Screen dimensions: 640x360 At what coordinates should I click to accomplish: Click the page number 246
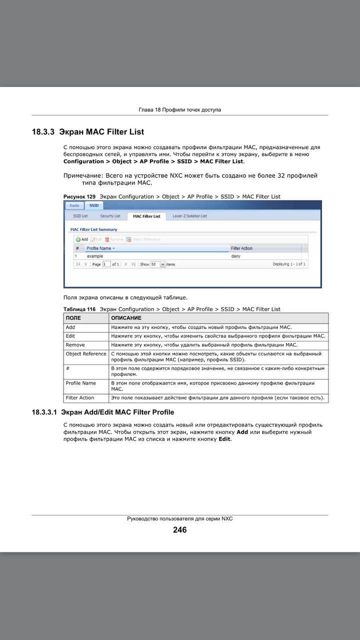(x=179, y=530)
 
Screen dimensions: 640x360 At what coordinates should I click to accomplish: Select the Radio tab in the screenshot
(x=74, y=205)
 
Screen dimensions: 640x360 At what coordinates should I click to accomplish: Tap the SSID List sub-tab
(x=80, y=216)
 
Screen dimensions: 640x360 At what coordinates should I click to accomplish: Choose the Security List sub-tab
(x=110, y=216)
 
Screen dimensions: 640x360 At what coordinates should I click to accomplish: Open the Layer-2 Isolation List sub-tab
(x=189, y=216)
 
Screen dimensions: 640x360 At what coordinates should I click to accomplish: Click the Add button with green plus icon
(x=82, y=239)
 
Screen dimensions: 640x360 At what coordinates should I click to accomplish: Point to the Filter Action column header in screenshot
(x=241, y=248)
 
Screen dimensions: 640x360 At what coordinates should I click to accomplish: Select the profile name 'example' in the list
(x=94, y=256)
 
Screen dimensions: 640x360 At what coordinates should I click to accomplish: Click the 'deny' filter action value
(x=235, y=256)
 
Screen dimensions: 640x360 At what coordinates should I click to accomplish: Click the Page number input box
(x=106, y=264)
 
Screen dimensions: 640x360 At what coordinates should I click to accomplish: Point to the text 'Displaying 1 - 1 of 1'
(x=289, y=264)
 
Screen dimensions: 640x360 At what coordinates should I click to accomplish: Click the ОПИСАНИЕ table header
(x=126, y=318)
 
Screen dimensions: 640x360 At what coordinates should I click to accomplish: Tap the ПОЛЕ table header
(x=73, y=318)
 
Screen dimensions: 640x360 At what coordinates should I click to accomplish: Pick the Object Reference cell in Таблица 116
(x=86, y=354)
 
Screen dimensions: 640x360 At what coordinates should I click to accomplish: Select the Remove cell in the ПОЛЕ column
(x=75, y=345)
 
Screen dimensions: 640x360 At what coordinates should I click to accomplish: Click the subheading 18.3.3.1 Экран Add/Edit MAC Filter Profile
(x=103, y=412)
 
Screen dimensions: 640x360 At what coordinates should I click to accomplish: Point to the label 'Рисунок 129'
(x=79, y=196)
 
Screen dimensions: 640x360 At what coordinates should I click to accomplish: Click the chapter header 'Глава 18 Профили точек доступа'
(x=179, y=110)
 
